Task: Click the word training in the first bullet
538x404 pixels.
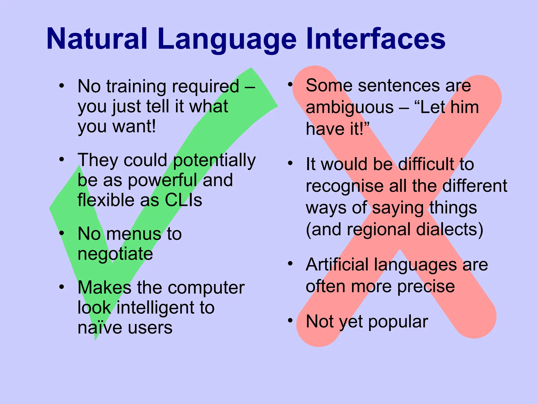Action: click(x=136, y=87)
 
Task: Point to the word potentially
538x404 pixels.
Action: click(x=214, y=160)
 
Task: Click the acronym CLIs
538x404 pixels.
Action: click(x=183, y=200)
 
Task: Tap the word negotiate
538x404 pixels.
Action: click(x=115, y=254)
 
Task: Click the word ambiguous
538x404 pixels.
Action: click(x=350, y=108)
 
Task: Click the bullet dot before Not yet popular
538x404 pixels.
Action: click(x=290, y=320)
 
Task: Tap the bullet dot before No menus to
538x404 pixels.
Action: click(x=61, y=233)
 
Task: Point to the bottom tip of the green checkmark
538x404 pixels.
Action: click(x=95, y=339)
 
